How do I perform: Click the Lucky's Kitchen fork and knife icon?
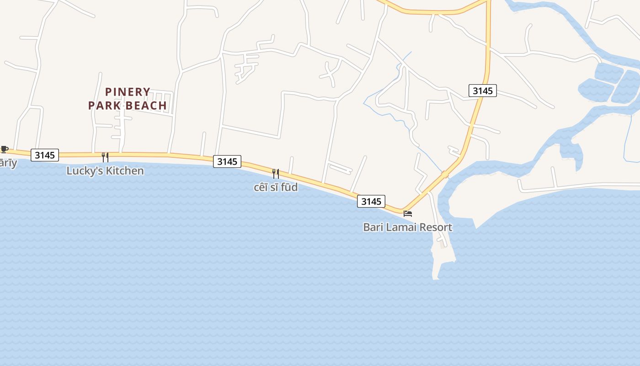click(105, 157)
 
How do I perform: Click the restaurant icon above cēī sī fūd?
click(276, 173)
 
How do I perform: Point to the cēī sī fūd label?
click(276, 187)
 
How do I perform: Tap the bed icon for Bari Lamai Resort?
click(408, 214)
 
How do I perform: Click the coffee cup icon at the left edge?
click(5, 149)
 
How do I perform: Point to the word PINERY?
click(128, 92)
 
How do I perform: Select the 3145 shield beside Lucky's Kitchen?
click(45, 155)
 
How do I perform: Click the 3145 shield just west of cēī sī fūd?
click(227, 161)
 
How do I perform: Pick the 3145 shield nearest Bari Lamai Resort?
click(371, 201)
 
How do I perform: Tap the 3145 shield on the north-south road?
click(483, 91)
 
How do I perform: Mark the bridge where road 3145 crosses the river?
click(445, 174)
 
